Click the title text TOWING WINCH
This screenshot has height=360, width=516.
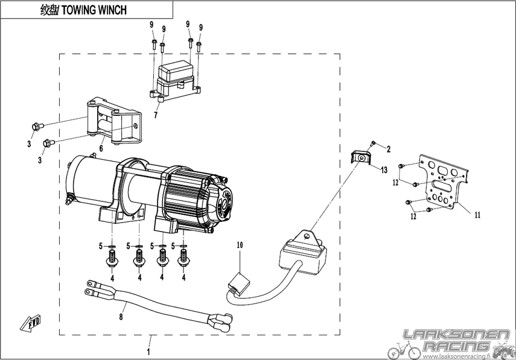pyautogui.click(x=94, y=10)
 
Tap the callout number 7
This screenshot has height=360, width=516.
pyautogui.click(x=156, y=115)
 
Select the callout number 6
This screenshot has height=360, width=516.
pyautogui.click(x=101, y=148)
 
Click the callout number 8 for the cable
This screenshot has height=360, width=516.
pyautogui.click(x=121, y=317)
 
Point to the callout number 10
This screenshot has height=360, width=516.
pyautogui.click(x=240, y=245)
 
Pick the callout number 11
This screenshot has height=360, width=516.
pyautogui.click(x=477, y=215)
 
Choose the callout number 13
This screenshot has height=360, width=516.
pyautogui.click(x=384, y=170)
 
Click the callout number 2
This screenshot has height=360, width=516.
pyautogui.click(x=389, y=150)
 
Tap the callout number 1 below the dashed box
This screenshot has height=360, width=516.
pyautogui.click(x=148, y=352)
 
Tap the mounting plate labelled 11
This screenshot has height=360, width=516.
pyautogui.click(x=444, y=183)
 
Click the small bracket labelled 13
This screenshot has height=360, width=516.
pyautogui.click(x=361, y=157)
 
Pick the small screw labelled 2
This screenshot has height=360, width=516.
pyautogui.click(x=372, y=143)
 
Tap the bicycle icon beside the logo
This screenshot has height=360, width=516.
pyautogui.click(x=404, y=350)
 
